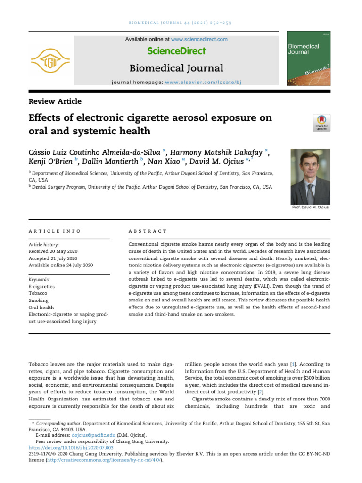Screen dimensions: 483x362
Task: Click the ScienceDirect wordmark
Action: click(x=176, y=51)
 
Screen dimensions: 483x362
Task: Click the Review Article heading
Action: click(x=55, y=101)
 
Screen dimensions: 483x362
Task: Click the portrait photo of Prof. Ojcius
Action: click(x=310, y=176)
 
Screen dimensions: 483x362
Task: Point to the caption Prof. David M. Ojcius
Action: click(x=311, y=208)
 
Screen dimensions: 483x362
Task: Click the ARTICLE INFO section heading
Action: click(x=55, y=231)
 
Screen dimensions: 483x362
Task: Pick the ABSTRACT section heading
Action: click(x=148, y=231)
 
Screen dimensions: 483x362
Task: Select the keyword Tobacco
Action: click(x=39, y=293)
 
